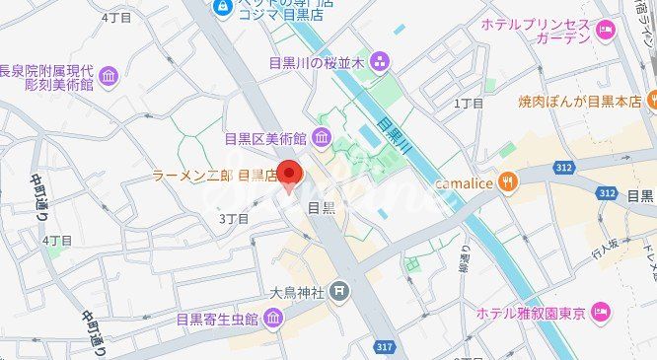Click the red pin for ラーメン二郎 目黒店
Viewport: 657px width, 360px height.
point(288,173)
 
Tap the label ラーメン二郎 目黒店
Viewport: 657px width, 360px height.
point(214,176)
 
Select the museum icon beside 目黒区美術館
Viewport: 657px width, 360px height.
point(322,136)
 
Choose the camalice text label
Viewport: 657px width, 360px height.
point(463,181)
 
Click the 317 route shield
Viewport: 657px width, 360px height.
point(388,346)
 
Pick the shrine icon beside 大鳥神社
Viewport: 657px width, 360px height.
point(339,291)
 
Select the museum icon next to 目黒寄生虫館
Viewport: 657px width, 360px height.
point(272,318)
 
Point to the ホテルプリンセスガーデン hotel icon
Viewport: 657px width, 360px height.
point(605,31)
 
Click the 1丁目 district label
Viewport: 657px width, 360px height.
point(469,103)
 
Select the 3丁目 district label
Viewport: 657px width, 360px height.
point(234,217)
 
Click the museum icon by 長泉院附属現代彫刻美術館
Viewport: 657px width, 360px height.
point(108,77)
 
